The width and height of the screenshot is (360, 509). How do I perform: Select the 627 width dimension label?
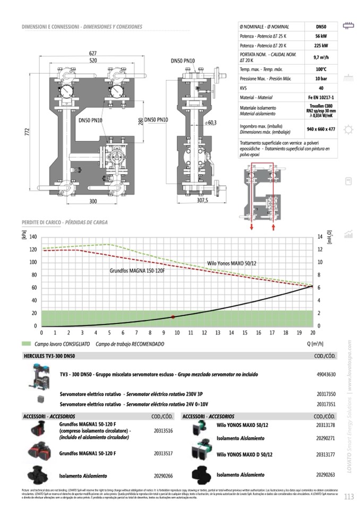point(93,53)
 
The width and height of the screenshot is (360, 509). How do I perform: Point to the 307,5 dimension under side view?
point(203,201)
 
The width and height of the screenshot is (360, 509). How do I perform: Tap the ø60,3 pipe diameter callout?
point(210,123)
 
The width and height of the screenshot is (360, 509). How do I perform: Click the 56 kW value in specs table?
point(321,36)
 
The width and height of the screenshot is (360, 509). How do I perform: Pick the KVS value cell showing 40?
point(321,88)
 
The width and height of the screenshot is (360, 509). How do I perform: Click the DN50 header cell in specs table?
point(321,26)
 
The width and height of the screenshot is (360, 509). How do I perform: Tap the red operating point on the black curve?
point(173,317)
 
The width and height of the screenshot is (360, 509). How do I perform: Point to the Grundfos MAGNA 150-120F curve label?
point(138,271)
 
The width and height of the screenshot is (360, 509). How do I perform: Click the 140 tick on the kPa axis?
point(33,237)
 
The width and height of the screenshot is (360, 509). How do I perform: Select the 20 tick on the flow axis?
point(313,333)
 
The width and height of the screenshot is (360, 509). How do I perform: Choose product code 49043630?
point(326,374)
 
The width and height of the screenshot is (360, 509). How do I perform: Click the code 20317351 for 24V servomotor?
point(326,404)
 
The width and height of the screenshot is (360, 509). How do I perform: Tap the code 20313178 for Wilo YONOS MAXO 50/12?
point(325,425)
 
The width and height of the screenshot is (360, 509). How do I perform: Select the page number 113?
point(348,497)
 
